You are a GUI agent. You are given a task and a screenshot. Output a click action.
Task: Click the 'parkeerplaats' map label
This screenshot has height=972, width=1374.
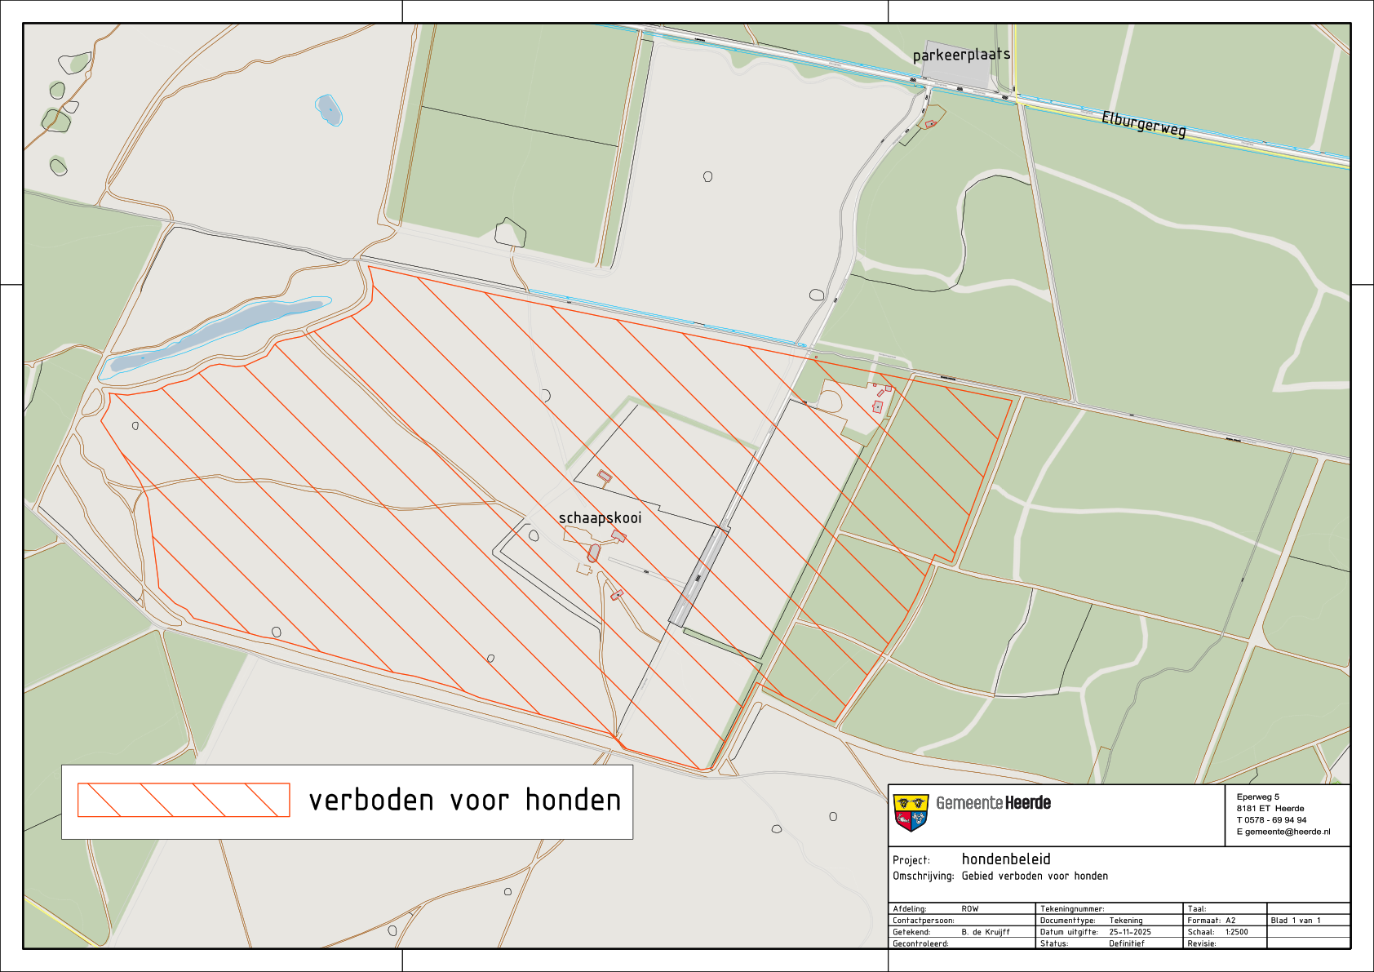coord(961,55)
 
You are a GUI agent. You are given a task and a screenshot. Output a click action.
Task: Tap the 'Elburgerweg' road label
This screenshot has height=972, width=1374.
coord(1143,124)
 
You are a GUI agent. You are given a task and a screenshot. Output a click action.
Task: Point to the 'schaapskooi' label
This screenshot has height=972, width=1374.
coord(600,517)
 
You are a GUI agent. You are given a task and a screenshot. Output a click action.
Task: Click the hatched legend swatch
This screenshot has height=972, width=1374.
coord(184,800)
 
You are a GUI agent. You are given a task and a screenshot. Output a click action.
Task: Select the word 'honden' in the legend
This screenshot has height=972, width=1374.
coord(573,801)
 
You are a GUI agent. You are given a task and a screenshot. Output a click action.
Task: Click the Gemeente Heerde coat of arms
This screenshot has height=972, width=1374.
coord(911,812)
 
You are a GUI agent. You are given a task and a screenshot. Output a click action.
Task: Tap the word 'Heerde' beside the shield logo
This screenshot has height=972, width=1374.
coord(1028,803)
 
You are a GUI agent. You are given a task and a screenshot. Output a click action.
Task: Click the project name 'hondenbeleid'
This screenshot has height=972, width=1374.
coord(1006,859)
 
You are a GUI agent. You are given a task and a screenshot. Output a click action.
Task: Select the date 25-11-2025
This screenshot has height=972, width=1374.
coord(1130,932)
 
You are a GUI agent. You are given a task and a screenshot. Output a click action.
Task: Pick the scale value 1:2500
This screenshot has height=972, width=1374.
coord(1236,932)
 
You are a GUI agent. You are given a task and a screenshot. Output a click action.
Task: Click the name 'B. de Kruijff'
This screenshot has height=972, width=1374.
coord(986,932)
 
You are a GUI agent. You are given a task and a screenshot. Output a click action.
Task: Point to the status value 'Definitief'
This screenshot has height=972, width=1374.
coord(1126,943)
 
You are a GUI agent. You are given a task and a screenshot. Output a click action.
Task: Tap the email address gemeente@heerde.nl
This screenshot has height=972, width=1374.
coord(1288,832)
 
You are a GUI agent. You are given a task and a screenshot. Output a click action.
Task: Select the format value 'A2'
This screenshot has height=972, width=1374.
coord(1230,921)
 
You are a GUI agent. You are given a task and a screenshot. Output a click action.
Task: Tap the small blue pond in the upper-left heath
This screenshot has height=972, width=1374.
coord(328,109)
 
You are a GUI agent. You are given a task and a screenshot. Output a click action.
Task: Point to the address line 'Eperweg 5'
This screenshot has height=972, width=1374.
coord(1258,797)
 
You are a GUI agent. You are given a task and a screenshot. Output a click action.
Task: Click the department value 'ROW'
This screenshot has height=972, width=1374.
coord(969,908)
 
